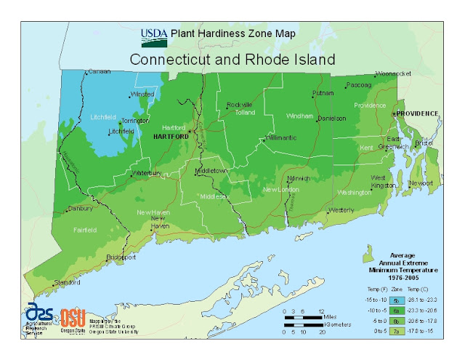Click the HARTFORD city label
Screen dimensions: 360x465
[x=170, y=136]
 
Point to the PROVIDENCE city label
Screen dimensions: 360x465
[x=417, y=113]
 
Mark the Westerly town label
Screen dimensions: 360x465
[x=341, y=210]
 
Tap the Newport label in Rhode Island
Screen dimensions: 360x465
[x=421, y=183]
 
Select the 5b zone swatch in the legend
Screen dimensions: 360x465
[x=397, y=299]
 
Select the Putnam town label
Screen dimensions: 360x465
[x=323, y=93]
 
